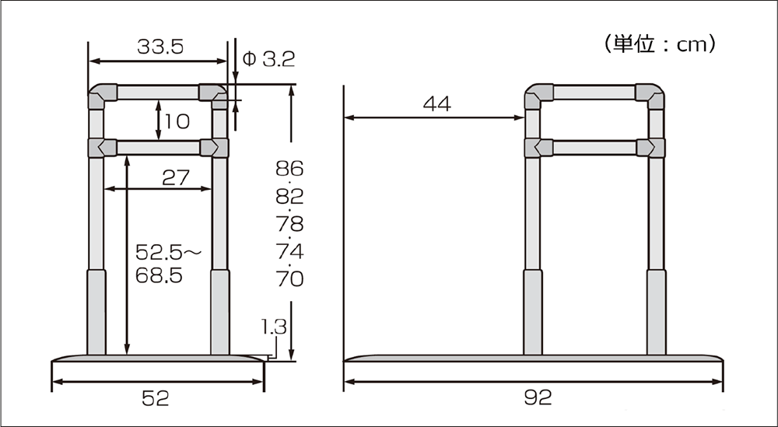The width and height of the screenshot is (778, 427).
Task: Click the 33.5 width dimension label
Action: point(160,47)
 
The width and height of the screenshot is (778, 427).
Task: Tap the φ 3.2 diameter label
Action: point(268,60)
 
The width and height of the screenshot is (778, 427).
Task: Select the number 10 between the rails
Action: point(177,121)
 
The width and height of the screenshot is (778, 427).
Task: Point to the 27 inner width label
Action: point(176,177)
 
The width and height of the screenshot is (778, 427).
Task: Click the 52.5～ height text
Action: point(169,253)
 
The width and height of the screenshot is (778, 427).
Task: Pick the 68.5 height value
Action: point(159,276)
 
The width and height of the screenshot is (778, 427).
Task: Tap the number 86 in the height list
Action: point(289,169)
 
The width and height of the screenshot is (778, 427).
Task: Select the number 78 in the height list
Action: point(289,224)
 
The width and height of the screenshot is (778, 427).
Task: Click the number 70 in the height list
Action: point(289,279)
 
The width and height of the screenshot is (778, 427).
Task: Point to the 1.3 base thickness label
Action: point(274,327)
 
